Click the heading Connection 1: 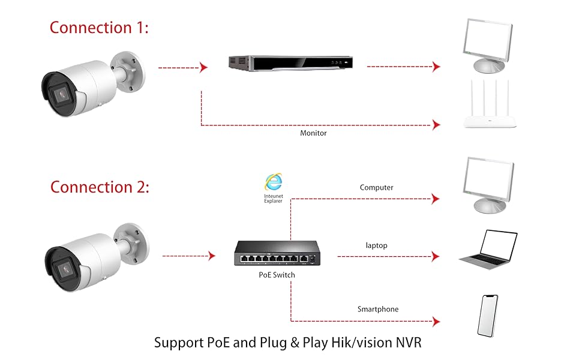click(99, 28)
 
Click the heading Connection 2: click(100, 187)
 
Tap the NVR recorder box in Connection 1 click(290, 63)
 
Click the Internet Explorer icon click(274, 182)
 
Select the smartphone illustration click(488, 315)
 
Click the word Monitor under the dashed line click(313, 133)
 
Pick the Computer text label click(376, 188)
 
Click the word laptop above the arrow click(376, 245)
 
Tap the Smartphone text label click(378, 310)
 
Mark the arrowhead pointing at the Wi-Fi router click(436, 125)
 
